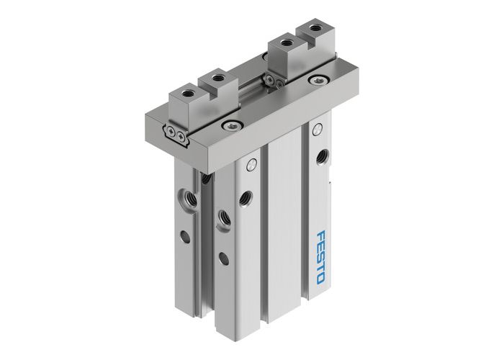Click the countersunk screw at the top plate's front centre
tap(228, 126)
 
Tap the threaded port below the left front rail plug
tap(246, 194)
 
